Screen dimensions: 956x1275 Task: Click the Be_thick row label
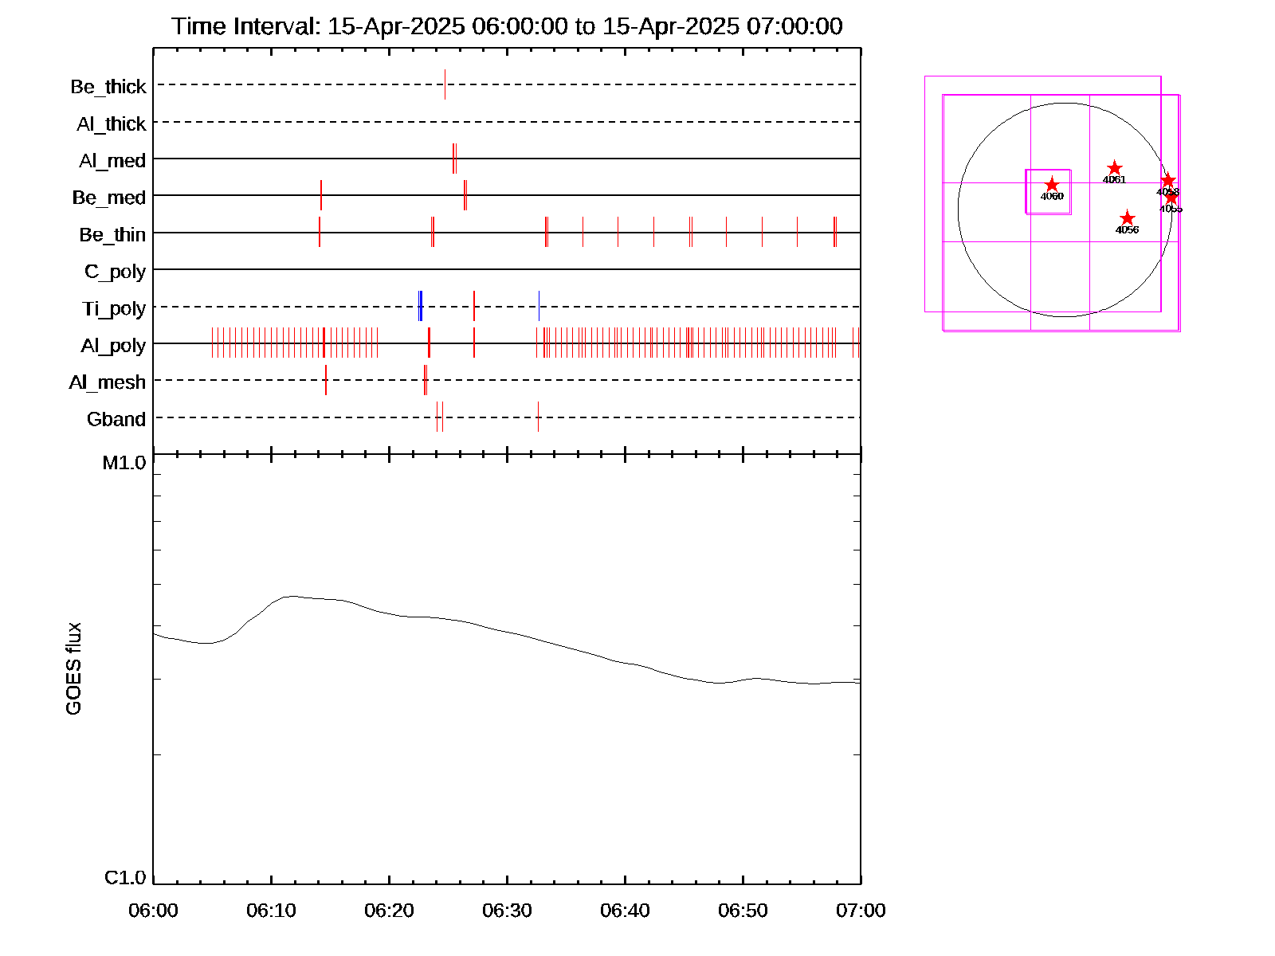click(108, 86)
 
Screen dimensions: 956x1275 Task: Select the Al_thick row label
click(112, 123)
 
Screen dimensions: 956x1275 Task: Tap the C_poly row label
click(115, 272)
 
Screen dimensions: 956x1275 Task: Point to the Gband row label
click(116, 419)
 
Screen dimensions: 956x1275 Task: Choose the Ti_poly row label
click(114, 308)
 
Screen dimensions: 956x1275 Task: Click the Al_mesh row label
click(108, 382)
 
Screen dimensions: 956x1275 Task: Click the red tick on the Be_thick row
click(445, 84)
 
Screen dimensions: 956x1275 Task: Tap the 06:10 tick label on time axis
click(271, 910)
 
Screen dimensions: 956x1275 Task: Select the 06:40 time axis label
click(625, 910)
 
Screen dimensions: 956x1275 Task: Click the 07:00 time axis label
click(861, 910)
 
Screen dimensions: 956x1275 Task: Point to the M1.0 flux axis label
click(124, 462)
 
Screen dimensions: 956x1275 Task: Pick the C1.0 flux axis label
click(125, 877)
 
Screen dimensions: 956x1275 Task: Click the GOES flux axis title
click(73, 668)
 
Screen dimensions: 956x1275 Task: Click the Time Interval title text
click(507, 26)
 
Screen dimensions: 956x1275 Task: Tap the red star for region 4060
click(1052, 185)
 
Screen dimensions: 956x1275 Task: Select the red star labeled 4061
click(1115, 168)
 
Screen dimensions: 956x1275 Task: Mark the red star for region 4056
click(1127, 218)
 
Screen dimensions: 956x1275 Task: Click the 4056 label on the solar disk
click(1127, 230)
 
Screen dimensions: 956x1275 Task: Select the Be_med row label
click(109, 198)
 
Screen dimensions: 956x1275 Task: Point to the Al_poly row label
click(113, 346)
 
